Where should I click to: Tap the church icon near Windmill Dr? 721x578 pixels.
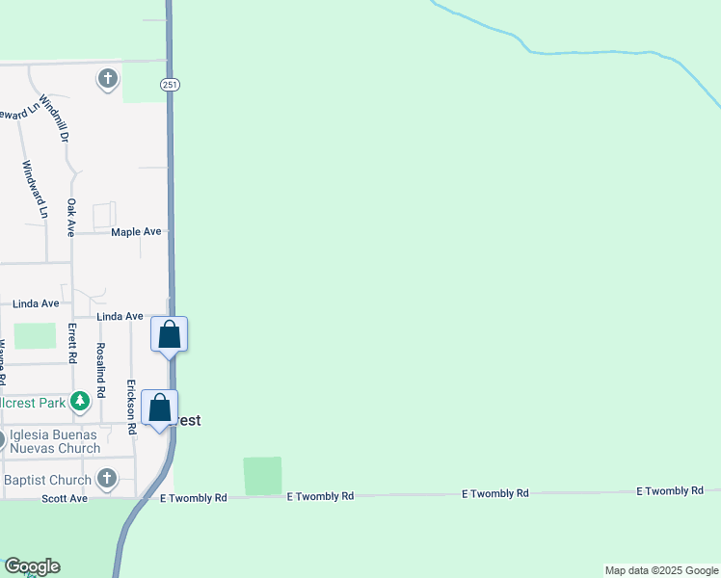(107, 78)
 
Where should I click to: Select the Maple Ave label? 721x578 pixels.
(136, 232)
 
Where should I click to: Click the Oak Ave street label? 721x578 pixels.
(71, 218)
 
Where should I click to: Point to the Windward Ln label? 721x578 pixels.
(33, 188)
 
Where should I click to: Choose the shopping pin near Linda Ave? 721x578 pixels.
(170, 334)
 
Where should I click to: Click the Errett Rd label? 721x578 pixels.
(72, 342)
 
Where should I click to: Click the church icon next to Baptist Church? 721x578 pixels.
(107, 478)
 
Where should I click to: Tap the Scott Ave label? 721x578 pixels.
(65, 499)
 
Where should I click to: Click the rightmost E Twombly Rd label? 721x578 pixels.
(669, 491)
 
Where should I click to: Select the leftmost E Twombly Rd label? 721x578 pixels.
(193, 498)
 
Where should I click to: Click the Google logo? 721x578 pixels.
(32, 566)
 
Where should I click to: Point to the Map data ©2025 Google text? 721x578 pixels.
(661, 570)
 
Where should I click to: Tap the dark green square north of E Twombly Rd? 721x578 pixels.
(262, 476)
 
